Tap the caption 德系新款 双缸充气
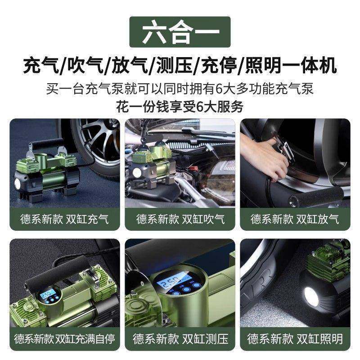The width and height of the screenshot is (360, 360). pos(64,220)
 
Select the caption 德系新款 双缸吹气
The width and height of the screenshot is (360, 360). pos(180,220)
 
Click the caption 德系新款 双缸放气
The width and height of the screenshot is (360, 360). pos(295,220)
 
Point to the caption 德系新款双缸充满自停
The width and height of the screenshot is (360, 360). pos(64,338)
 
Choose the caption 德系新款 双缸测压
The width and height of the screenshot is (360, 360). pos(180,338)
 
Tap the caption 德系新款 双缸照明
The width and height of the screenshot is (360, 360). pos(295,338)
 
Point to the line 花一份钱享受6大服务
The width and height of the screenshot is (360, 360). pos(180,107)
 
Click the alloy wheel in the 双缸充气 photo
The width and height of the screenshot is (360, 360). pos(97,144)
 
